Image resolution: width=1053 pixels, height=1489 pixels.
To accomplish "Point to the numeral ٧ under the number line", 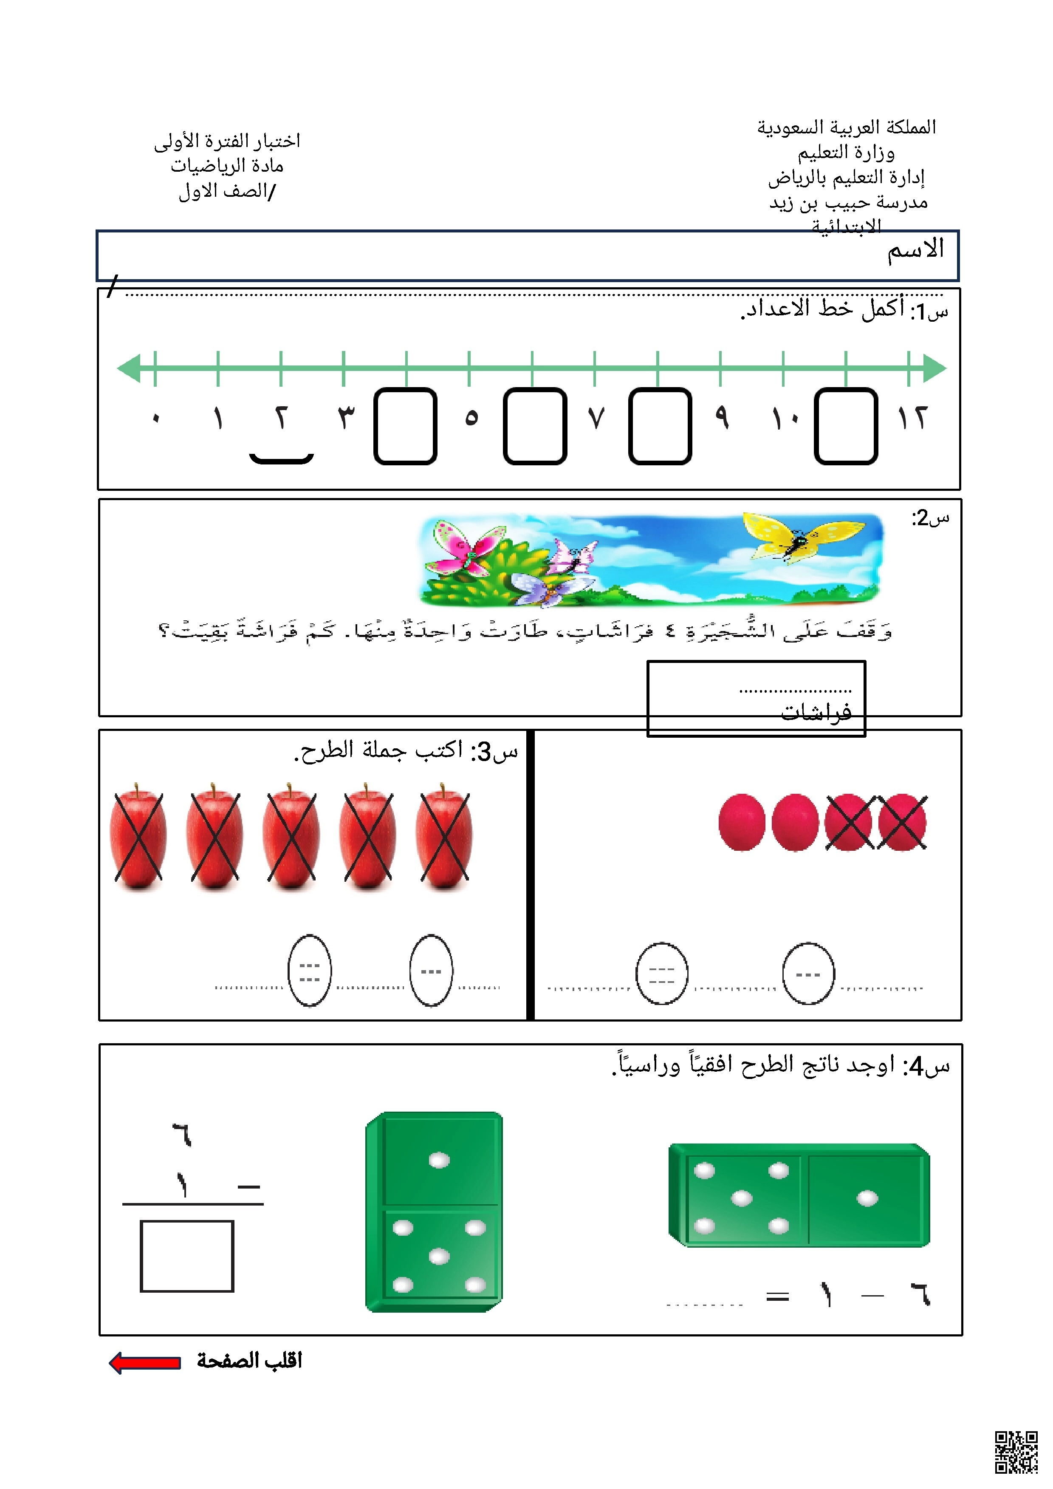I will point(596,418).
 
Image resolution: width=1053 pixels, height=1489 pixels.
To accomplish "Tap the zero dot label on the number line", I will point(155,418).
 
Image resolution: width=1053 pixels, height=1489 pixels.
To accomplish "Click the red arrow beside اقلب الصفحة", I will point(144,1362).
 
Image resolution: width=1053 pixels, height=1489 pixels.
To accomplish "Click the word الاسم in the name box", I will point(915,250).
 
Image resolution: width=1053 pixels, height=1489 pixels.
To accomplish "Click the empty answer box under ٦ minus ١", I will point(187,1256).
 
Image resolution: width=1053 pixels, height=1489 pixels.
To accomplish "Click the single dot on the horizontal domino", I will point(867,1198).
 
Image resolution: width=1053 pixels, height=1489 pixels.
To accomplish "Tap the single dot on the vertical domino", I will point(439,1160).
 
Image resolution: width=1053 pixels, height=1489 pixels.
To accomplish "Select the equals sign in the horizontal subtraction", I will point(777,1297).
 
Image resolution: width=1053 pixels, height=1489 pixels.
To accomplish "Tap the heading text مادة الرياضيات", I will point(227,166).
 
